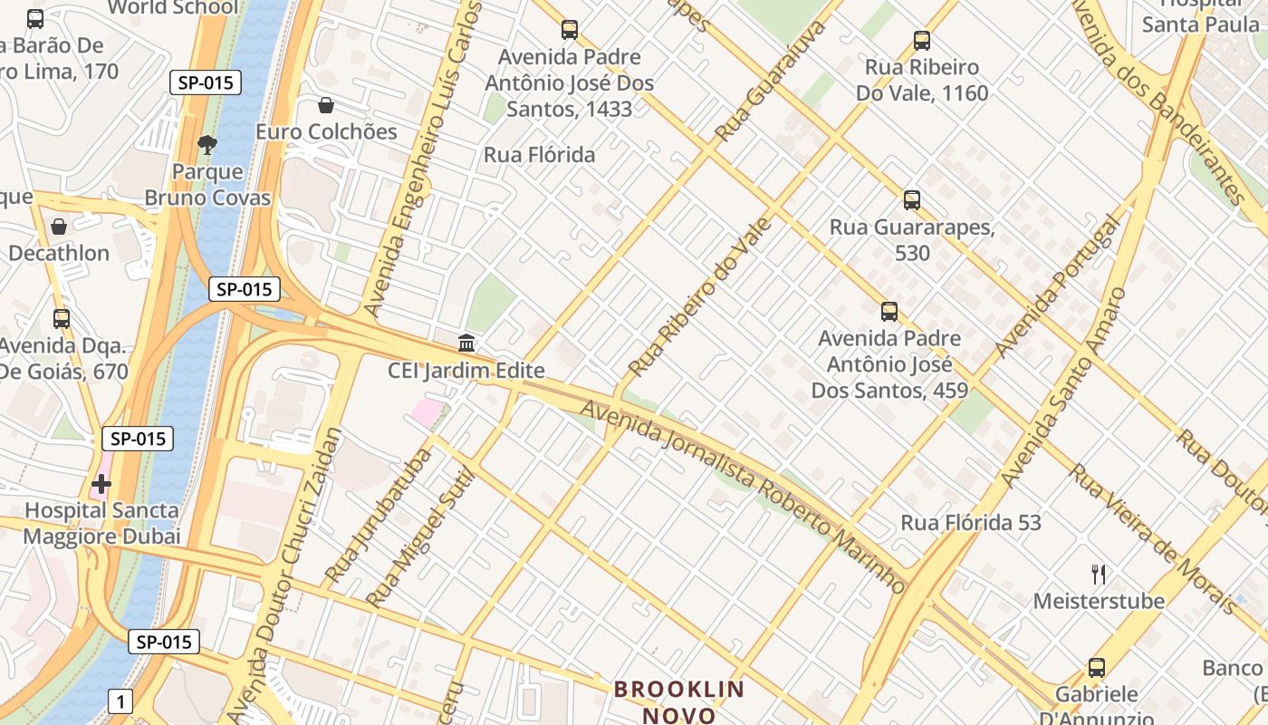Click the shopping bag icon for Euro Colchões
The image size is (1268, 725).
click(326, 106)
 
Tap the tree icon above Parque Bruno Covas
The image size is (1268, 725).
click(207, 145)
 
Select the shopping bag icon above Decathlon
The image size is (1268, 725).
click(59, 227)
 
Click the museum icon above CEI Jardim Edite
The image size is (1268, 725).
click(466, 343)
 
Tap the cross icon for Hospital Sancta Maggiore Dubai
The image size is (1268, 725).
click(101, 484)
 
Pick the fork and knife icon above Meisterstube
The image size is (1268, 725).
click(1099, 574)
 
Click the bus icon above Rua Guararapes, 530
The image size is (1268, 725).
click(912, 200)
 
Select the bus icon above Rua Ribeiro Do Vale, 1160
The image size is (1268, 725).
click(922, 41)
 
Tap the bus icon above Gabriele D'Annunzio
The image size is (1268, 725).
click(1097, 669)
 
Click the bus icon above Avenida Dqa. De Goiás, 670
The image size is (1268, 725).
click(62, 319)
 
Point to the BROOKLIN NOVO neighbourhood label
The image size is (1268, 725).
click(679, 701)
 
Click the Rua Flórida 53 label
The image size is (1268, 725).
click(971, 523)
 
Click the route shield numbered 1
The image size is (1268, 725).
click(120, 701)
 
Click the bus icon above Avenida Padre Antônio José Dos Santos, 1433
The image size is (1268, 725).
click(570, 30)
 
